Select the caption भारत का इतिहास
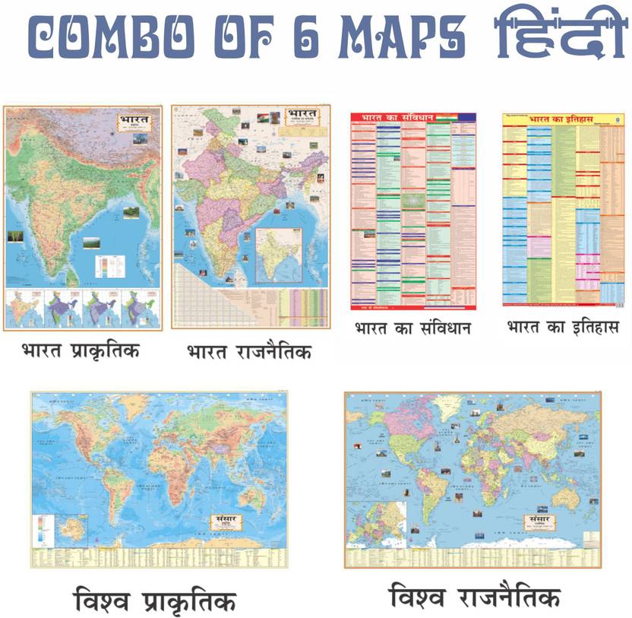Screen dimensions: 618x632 [563, 328]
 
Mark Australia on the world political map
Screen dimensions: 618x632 [567, 497]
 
